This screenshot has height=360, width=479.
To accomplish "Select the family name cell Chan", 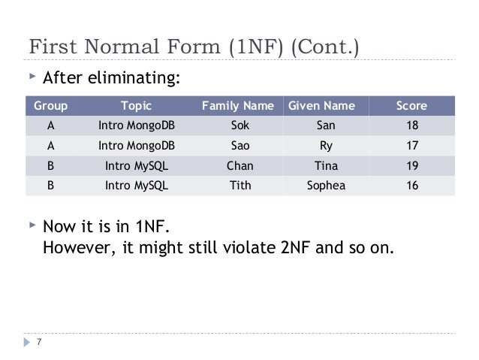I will point(239,165).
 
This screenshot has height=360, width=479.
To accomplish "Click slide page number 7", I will point(40,345).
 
